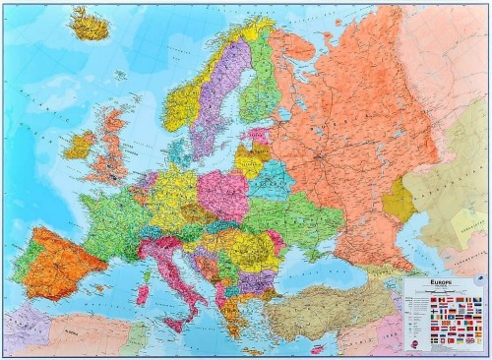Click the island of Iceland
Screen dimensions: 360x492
pyautogui.click(x=91, y=24)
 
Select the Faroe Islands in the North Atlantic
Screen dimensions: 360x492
pyautogui.click(x=119, y=75)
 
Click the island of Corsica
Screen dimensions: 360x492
pyautogui.click(x=146, y=266)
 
